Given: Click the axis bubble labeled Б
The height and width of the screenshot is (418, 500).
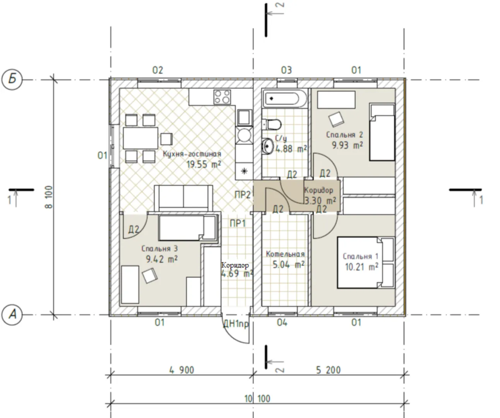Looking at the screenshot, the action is point(12,80).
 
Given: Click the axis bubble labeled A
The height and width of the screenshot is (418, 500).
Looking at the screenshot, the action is point(12,315).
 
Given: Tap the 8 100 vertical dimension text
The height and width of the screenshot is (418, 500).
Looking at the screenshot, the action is point(49,197).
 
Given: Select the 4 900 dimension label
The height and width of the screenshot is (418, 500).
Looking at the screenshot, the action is point(181,370).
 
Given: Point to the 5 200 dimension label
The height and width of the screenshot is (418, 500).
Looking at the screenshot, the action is point(328,370).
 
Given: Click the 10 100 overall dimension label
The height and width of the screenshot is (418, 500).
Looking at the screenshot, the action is point(257,399).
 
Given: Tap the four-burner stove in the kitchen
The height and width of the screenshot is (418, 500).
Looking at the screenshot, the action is point(222,97).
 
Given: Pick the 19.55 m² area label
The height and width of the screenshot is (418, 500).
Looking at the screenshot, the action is point(204,164).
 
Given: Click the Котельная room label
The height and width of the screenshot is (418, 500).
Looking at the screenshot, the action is point(285,254).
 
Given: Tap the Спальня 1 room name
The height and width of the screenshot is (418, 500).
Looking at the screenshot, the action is point(360,256).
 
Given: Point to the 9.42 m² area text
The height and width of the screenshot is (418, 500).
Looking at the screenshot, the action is point(162,259).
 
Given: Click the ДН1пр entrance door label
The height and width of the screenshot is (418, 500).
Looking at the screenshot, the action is point(236,324).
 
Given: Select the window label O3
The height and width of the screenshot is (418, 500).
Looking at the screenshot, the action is point(287,70).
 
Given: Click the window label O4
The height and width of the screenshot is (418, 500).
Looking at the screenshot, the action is point(282,323).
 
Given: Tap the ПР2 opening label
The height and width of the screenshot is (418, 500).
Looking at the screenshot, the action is point(242,195).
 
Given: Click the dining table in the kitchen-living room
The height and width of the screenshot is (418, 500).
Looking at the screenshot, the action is point(141,138).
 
